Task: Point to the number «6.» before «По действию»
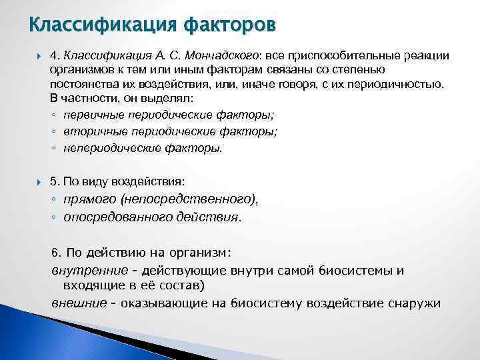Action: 57,253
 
